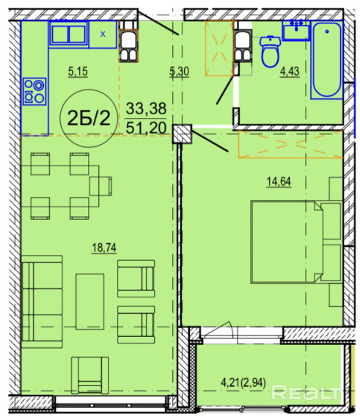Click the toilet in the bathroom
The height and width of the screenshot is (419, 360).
click(270, 51)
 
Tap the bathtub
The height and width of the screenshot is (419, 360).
click(326, 60)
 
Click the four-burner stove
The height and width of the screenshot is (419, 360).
click(34, 92)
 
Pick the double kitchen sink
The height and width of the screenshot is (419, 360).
click(68, 34)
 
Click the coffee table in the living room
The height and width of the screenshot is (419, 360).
click(89, 301)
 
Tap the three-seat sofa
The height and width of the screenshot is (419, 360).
click(42, 301)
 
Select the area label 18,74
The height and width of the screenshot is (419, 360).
click(104, 248)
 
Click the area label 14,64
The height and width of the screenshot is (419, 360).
click(279, 182)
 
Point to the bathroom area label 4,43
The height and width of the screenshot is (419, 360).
click(290, 72)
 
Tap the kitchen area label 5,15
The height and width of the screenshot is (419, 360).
click(78, 72)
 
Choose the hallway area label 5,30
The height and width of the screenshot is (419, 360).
click(179, 72)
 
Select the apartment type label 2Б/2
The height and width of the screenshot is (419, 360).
click(89, 118)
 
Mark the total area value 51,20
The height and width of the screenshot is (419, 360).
click(146, 127)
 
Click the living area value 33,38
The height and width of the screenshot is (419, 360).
click(146, 108)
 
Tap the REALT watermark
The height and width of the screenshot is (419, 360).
click(306, 393)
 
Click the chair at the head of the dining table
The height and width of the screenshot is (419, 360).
click(100, 186)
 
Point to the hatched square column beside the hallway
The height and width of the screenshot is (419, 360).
click(182, 134)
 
